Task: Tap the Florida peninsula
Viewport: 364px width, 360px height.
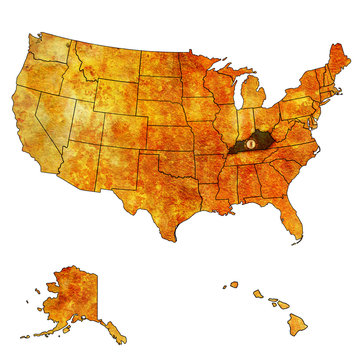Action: (291, 222)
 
